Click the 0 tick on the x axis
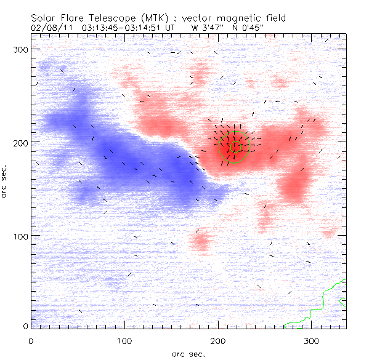[31, 340]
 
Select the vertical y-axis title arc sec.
[5, 181]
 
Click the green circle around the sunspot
[247, 145]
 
